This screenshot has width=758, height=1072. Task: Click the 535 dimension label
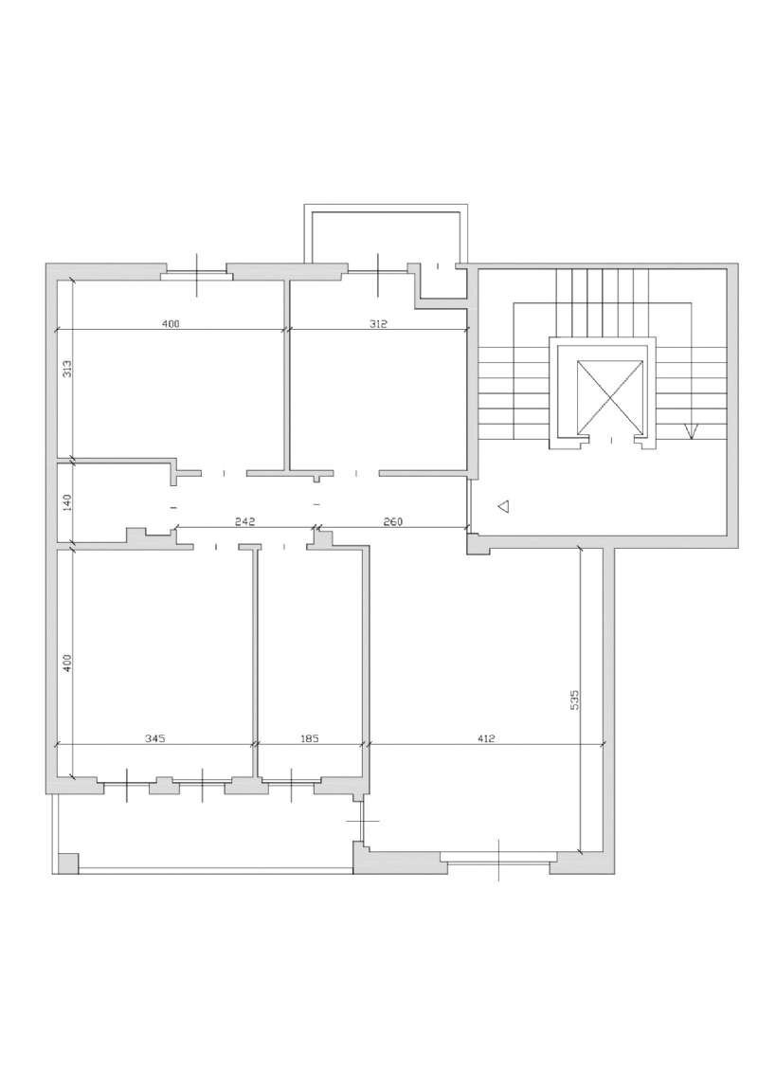pyautogui.click(x=574, y=700)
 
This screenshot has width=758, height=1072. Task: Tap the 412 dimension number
pyautogui.click(x=486, y=738)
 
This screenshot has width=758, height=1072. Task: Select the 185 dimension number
pyautogui.click(x=311, y=738)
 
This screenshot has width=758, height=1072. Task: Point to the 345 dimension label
pyautogui.click(x=155, y=738)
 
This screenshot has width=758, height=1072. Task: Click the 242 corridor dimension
pyautogui.click(x=244, y=521)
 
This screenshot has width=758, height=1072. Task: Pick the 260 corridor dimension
pyautogui.click(x=393, y=521)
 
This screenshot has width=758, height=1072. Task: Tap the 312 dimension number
pyautogui.click(x=378, y=324)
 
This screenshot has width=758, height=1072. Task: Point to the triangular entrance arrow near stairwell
pyautogui.click(x=503, y=506)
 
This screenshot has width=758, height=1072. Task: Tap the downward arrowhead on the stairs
pyautogui.click(x=691, y=431)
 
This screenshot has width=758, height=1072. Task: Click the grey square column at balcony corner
pyautogui.click(x=68, y=863)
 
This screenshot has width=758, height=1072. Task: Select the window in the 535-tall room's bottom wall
pyautogui.click(x=499, y=858)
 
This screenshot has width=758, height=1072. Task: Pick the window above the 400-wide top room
pyautogui.click(x=197, y=274)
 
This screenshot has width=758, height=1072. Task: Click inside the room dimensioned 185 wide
pyautogui.click(x=311, y=656)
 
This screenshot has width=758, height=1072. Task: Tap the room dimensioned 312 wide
pyautogui.click(x=379, y=383)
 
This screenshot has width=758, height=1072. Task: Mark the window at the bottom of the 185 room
pyautogui.click(x=292, y=781)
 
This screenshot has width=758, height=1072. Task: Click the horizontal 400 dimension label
pyautogui.click(x=171, y=324)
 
